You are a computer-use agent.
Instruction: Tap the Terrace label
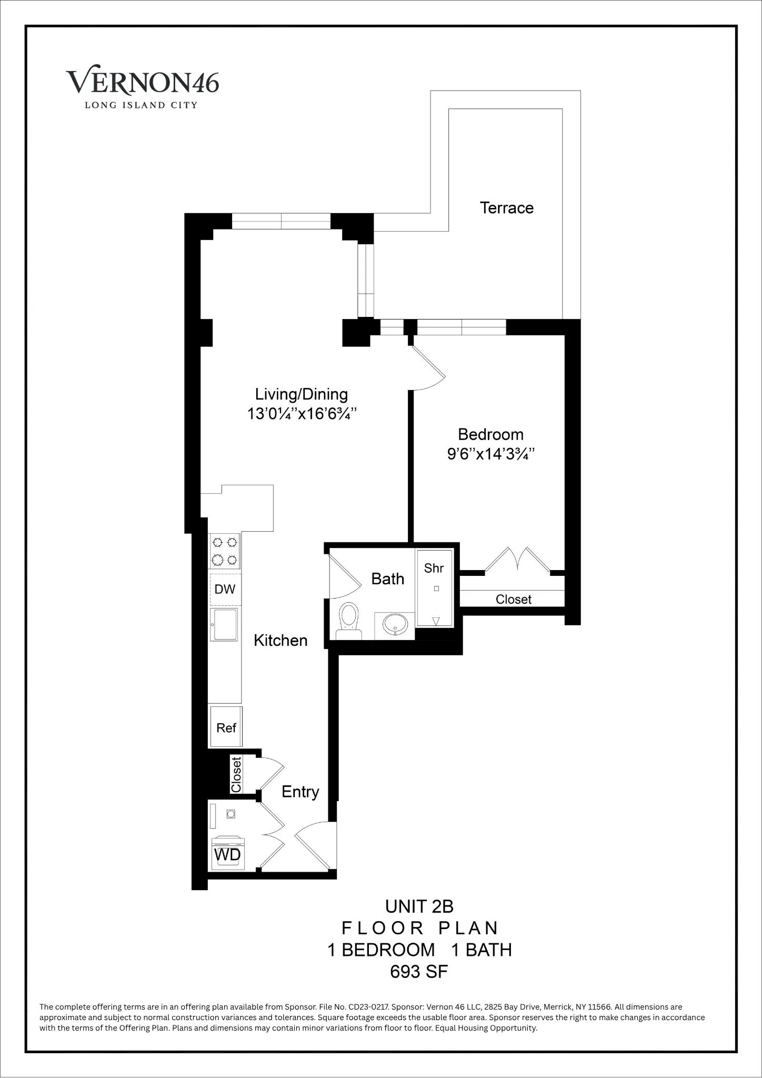pos(506,207)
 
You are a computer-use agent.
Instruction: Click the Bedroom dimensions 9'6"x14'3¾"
pos(490,454)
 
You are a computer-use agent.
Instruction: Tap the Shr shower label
pos(434,568)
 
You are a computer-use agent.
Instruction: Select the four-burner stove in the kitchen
pos(225,551)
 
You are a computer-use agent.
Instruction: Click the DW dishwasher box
pos(225,589)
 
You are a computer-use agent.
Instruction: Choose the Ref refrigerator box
pos(226,728)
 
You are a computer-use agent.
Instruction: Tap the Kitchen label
pos(280,641)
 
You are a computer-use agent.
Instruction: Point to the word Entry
pos(300,792)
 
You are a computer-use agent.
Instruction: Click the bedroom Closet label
pos(513,600)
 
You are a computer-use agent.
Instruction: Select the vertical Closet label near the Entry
pos(236,774)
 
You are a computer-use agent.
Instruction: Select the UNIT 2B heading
pos(419,906)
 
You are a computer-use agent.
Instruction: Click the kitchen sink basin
pos(224,625)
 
